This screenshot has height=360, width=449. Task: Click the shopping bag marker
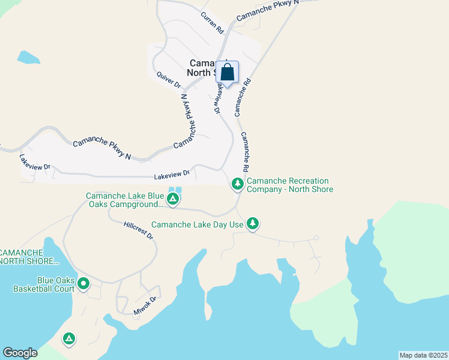(228, 73)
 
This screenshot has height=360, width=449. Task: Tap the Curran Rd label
(212, 23)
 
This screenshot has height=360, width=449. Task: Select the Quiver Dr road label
(169, 79)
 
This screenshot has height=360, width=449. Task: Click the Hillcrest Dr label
(139, 230)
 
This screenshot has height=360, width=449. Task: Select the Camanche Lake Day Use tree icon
(253, 224)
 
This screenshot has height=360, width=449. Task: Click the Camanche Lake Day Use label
(197, 224)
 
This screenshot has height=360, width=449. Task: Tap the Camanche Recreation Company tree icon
(238, 183)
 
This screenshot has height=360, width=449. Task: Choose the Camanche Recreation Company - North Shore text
(289, 185)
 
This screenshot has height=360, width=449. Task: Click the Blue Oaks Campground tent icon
(173, 199)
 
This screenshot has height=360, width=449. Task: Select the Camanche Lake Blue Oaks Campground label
(124, 200)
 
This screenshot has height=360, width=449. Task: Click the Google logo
(20, 352)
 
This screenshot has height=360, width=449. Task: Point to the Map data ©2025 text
(423, 355)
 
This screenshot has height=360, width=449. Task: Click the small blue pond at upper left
(28, 58)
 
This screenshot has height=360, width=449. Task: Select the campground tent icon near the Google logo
(69, 340)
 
